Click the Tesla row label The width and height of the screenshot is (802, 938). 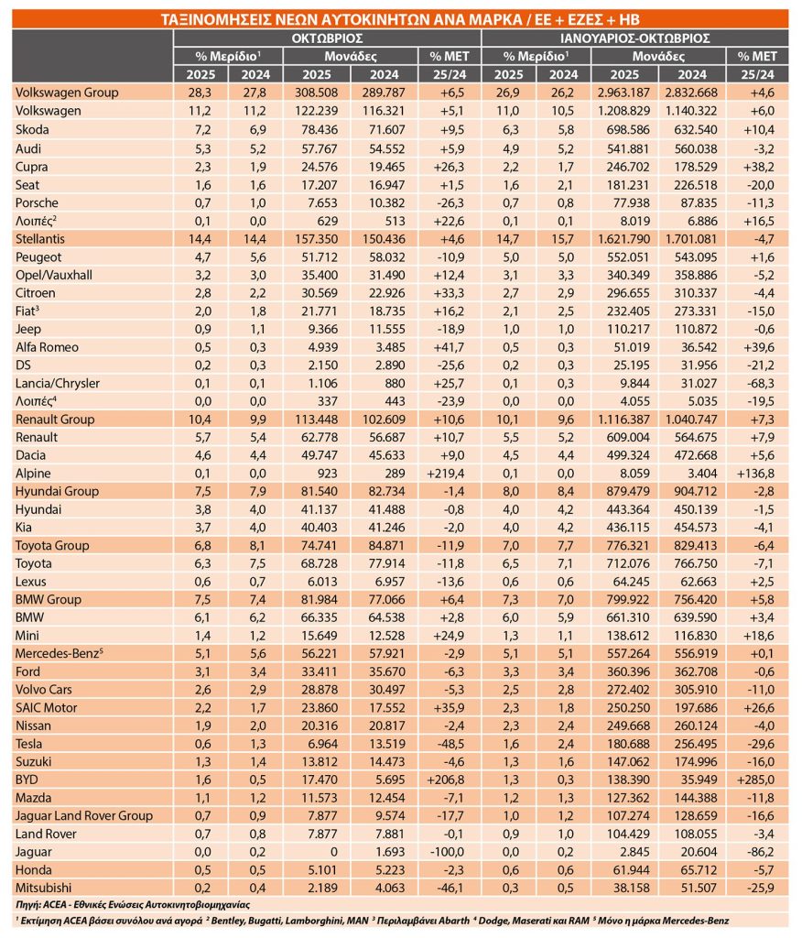point(30,744)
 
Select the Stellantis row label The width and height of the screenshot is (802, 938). point(42,237)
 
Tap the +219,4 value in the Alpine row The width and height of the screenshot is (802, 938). point(448,473)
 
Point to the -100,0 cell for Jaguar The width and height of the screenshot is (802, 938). point(450,852)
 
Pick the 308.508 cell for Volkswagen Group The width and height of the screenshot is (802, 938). point(317,93)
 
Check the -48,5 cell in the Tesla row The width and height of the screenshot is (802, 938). point(450,744)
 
